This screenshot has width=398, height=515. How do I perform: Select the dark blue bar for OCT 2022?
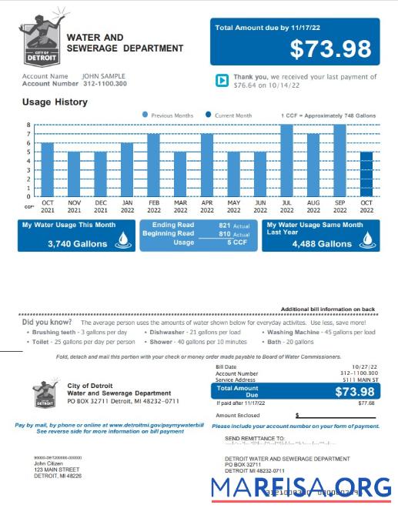tap(366, 174)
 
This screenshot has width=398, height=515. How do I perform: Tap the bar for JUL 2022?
tap(287, 160)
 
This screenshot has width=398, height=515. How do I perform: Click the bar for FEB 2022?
tap(153, 165)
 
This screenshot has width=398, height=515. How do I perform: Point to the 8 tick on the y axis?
tap(28, 125)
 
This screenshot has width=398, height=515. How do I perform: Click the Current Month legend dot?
tap(208, 115)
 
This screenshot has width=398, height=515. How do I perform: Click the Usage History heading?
tap(55, 102)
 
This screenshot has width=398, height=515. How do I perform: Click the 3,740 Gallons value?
tap(76, 243)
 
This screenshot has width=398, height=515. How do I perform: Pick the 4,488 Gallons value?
tap(322, 243)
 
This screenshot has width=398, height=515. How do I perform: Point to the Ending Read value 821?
tap(225, 226)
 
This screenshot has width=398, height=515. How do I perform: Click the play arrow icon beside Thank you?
tap(221, 80)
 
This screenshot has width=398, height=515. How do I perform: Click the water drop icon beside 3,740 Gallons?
tap(122, 242)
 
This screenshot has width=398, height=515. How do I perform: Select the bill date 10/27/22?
tap(363, 367)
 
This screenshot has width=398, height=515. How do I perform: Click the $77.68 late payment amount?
tap(366, 403)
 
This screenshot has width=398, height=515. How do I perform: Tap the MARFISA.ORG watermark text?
tap(301, 487)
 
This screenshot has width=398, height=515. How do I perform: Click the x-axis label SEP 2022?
tap(339, 207)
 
